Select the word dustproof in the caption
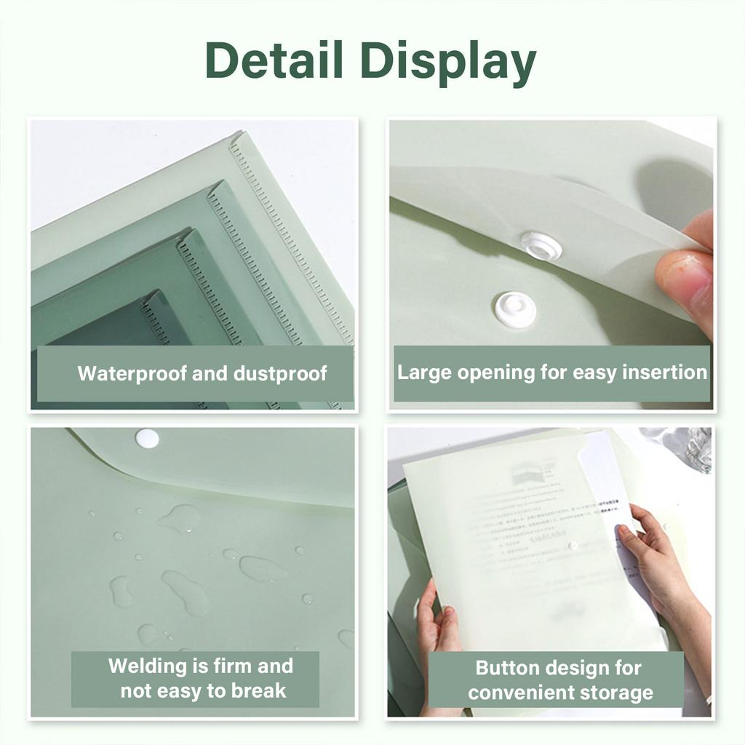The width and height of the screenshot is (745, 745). pos(281,374)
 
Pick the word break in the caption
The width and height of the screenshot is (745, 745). pos(259,690)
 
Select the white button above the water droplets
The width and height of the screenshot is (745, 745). pos(147,438)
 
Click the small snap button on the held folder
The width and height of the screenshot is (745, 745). pos(573,546)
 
